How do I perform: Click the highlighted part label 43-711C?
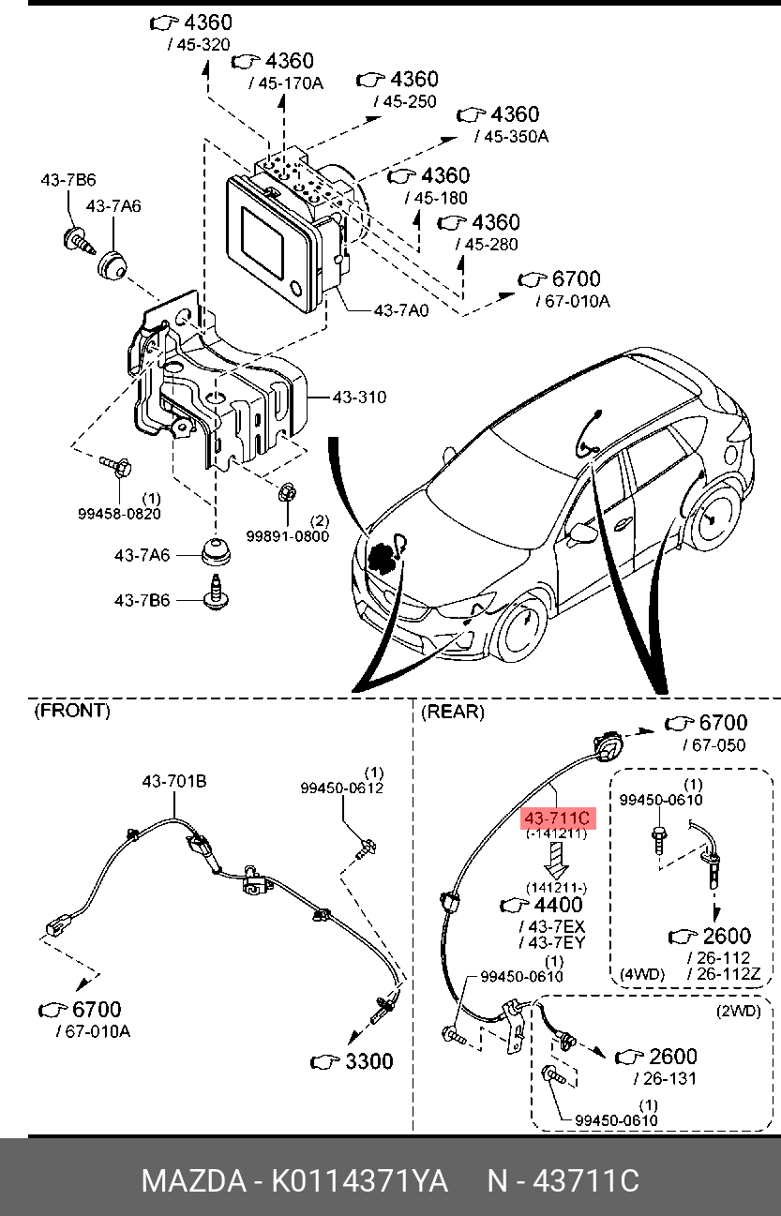(x=557, y=818)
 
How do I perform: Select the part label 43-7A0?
(x=400, y=309)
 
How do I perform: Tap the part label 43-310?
(x=359, y=398)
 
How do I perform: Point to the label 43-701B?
(x=174, y=781)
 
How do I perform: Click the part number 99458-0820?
(x=118, y=513)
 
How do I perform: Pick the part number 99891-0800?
(x=288, y=535)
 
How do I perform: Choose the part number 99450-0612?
(x=341, y=788)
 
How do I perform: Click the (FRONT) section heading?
(x=71, y=711)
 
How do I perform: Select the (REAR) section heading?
(x=453, y=712)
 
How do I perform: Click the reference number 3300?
(x=368, y=1061)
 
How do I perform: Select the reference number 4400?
(x=557, y=906)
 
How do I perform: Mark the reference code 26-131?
(x=669, y=1078)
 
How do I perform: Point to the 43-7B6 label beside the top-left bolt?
(x=68, y=179)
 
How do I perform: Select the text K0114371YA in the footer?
(x=359, y=1180)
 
